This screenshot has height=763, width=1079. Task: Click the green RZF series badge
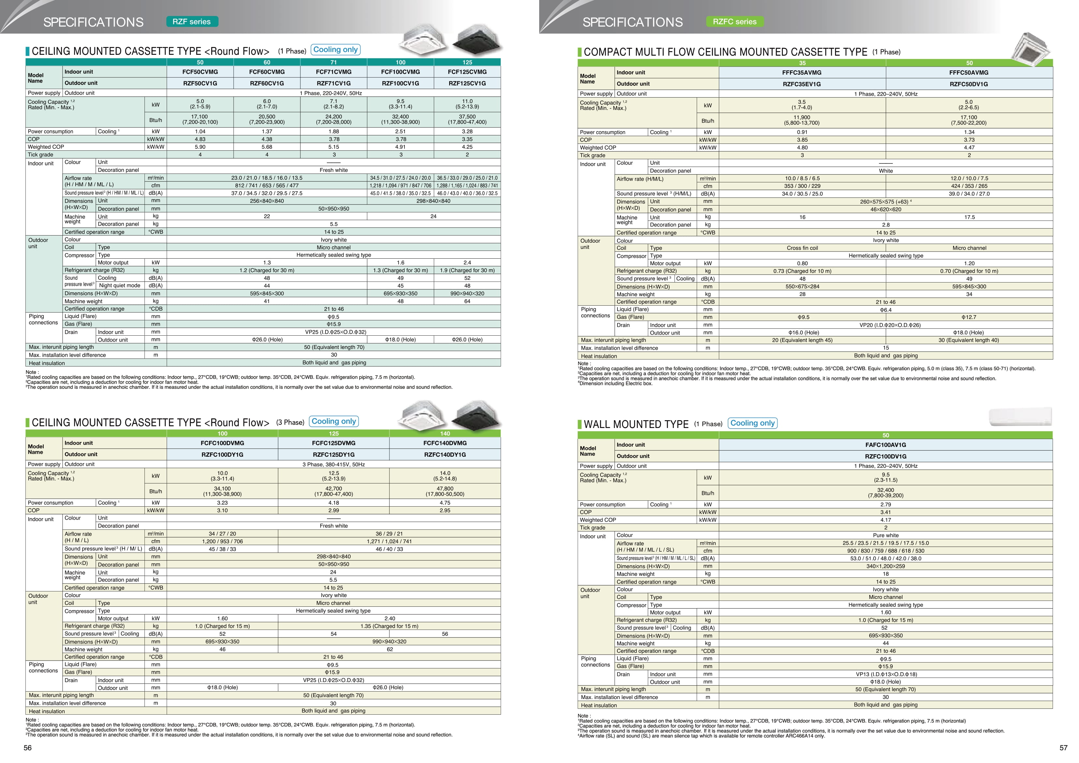pos(192,22)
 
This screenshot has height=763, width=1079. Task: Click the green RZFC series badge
pos(735,22)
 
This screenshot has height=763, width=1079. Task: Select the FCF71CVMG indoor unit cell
pos(334,72)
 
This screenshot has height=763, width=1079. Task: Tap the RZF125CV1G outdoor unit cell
pos(467,83)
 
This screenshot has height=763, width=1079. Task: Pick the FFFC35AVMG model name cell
pos(802,73)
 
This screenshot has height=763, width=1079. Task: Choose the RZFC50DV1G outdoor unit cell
pos(969,84)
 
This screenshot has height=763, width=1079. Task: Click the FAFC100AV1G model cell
pos(885,445)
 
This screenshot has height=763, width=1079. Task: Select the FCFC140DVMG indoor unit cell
pos(445,443)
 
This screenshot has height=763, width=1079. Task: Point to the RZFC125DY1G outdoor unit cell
pos(334,455)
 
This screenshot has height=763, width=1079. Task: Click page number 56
pos(28,748)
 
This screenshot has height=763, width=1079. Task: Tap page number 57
pos(1063,748)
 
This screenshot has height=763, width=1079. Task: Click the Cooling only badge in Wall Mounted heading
pos(752,423)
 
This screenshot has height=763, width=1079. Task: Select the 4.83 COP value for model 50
pos(200,139)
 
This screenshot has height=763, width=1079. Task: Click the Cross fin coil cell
pos(802,248)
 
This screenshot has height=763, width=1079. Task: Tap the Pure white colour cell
pos(885,535)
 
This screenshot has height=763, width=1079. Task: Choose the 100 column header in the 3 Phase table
pos(222,434)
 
